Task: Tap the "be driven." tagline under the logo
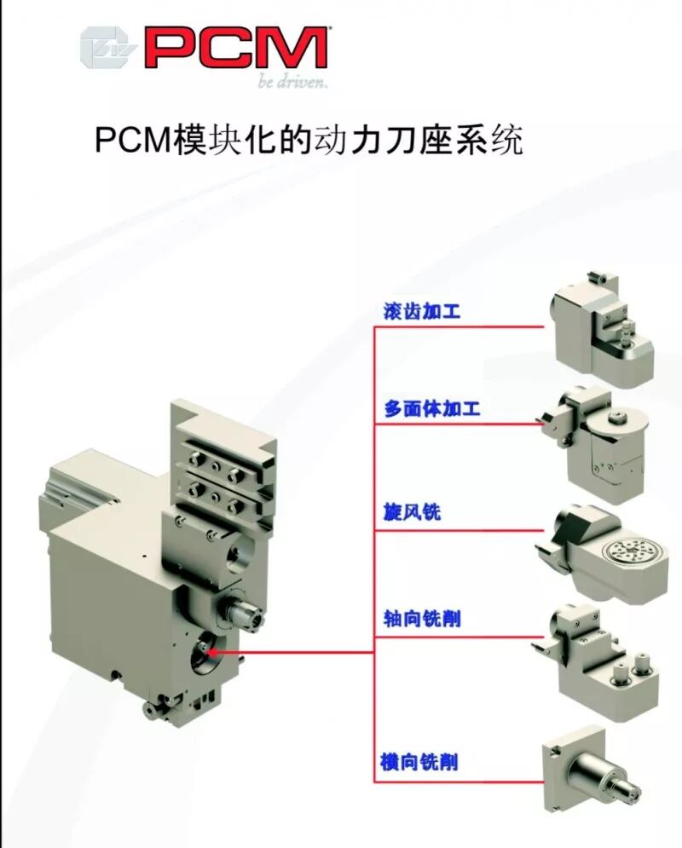tap(292, 83)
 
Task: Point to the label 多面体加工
tap(431, 410)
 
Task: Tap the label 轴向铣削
tap(421, 620)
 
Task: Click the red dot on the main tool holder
tap(211, 653)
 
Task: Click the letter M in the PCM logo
tap(294, 49)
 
